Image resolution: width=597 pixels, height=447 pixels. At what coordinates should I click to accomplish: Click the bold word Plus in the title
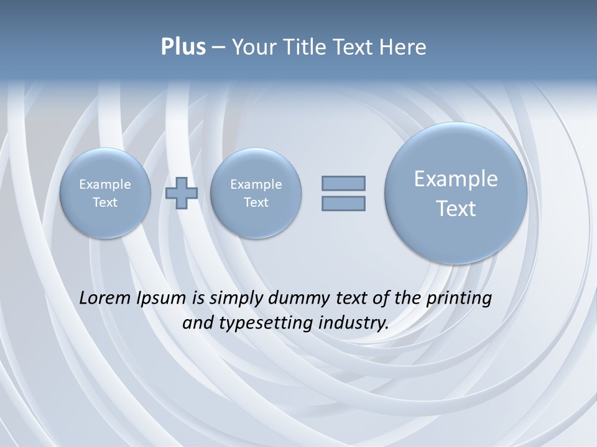(183, 47)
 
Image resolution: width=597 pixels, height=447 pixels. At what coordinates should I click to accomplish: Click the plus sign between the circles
(181, 192)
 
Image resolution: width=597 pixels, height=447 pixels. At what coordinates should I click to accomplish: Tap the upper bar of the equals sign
(343, 183)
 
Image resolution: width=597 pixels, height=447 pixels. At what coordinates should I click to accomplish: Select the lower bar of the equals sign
(343, 203)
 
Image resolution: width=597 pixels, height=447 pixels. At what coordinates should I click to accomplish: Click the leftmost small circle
(105, 193)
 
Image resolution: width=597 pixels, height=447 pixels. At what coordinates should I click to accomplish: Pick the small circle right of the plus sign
(256, 193)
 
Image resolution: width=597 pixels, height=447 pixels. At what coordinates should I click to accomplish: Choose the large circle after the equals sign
(456, 193)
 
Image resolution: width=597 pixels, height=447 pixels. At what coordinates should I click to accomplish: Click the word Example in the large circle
(456, 179)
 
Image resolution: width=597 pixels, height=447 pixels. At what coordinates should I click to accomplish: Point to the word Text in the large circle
(456, 209)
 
